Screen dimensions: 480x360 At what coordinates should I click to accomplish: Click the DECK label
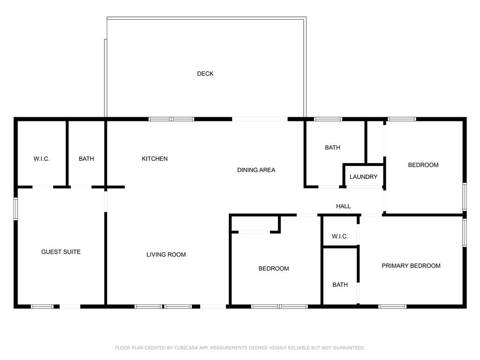point(205,74)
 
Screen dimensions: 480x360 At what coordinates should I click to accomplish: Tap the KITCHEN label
point(155,158)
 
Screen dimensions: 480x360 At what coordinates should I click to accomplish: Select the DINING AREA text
point(256,170)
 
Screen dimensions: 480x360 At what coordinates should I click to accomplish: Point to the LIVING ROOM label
point(166,255)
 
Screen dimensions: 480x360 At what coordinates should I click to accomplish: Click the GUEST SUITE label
point(61,252)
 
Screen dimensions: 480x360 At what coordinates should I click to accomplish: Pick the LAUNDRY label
point(363,177)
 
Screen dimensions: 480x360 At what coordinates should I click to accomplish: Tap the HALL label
point(343,206)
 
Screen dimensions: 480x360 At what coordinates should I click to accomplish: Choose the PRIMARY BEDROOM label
point(411,266)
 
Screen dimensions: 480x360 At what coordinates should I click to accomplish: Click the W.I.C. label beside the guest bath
point(41,158)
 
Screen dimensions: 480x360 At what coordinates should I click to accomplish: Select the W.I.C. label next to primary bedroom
point(340,236)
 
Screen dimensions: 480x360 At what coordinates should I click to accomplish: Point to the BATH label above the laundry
point(332,148)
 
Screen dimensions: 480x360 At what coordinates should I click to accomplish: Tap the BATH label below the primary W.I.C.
point(340,285)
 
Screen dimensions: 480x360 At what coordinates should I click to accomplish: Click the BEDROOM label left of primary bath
point(274,269)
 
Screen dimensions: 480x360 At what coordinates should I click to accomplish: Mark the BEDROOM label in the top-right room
point(423,165)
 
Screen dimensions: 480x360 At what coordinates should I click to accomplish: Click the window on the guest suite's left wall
point(15,209)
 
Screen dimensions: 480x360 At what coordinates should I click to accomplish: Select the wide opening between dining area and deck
point(260,119)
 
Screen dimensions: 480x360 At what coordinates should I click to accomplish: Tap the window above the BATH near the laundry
point(328,119)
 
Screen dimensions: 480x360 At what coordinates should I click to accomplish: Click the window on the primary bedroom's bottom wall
point(392,307)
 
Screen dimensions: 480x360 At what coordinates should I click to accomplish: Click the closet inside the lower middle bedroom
point(255,224)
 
